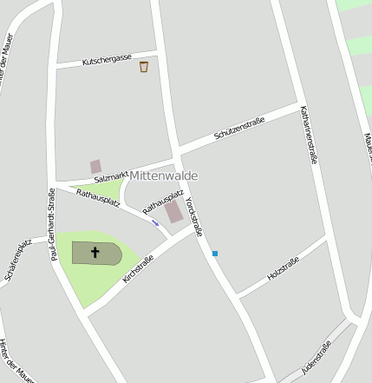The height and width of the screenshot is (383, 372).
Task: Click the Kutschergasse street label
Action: tap(107, 61)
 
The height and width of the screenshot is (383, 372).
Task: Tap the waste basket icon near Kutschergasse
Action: tap(144, 67)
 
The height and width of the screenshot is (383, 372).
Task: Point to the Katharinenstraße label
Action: tap(305, 135)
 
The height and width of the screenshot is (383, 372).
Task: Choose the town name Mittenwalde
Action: tap(164, 175)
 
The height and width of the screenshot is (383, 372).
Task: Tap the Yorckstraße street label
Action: tap(194, 216)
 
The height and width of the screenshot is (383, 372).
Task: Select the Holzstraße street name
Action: tap(284, 268)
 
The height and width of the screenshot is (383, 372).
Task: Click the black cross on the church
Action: tap(95, 253)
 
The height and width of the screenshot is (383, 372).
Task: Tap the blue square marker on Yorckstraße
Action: tap(215, 254)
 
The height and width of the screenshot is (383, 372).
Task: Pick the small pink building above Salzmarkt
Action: tap(95, 166)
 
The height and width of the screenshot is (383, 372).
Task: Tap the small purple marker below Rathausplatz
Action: tap(155, 222)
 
